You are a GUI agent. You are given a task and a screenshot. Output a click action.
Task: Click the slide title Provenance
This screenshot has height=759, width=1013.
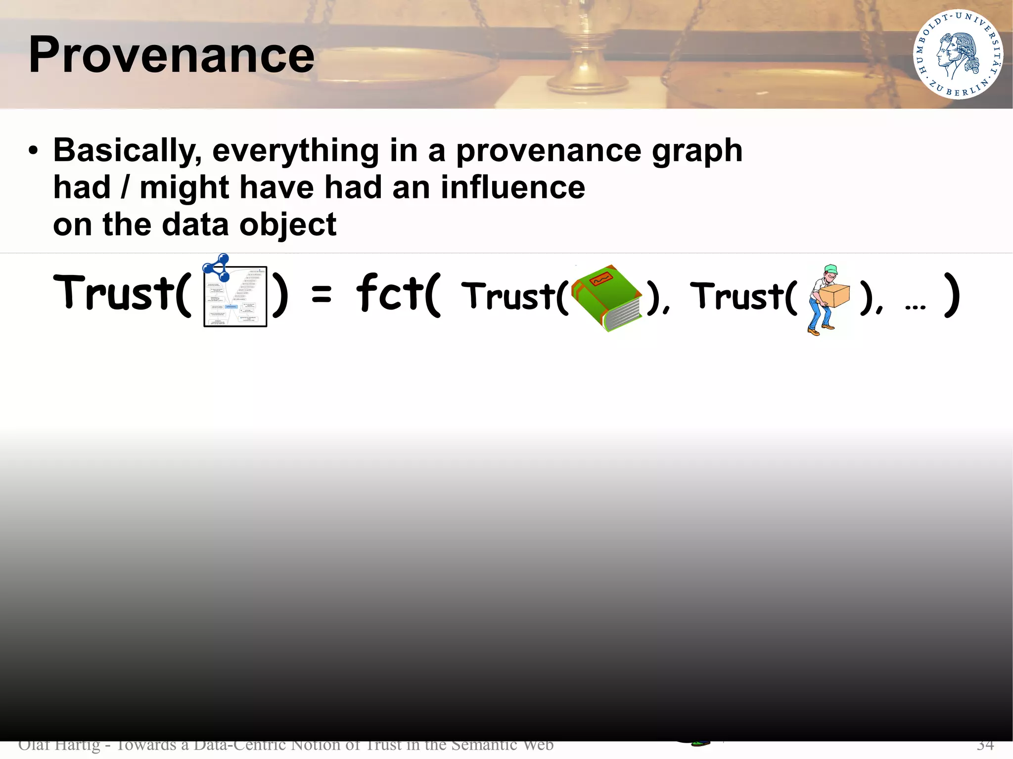[x=171, y=55]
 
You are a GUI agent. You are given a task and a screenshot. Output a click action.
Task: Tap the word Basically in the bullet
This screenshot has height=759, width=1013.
[x=127, y=150]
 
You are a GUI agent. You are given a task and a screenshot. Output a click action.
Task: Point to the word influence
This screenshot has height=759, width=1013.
[x=512, y=188]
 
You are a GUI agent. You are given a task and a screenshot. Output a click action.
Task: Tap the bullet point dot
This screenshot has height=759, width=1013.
[x=33, y=151]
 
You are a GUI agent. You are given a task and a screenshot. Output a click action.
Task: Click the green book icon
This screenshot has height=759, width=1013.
[x=607, y=298]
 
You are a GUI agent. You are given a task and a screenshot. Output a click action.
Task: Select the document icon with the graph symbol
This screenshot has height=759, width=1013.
[x=235, y=297]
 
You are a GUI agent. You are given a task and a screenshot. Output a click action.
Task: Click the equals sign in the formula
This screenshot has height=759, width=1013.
[x=322, y=295]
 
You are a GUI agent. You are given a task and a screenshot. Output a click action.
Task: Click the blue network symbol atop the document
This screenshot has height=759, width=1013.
[x=217, y=267]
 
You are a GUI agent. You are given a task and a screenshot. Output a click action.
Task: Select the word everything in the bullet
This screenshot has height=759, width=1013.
[x=295, y=150]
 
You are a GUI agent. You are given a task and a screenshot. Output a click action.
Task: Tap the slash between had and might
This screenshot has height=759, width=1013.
[x=125, y=188]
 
